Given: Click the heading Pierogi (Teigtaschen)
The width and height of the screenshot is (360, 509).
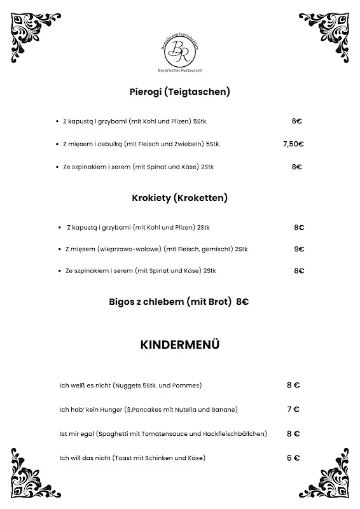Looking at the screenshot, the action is tap(179, 92).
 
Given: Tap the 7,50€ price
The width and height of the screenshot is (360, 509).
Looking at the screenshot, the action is tap(293, 144).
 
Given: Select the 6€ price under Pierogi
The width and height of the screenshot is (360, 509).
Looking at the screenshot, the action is tap(296, 121).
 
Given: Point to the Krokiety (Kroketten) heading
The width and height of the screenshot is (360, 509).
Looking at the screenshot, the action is tap(179, 198).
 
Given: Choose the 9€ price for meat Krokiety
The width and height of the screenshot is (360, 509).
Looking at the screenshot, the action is tap(299, 249).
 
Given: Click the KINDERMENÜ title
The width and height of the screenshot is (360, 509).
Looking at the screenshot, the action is tap(179, 345).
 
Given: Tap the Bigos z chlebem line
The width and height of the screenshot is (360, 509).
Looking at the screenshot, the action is tap(179, 302).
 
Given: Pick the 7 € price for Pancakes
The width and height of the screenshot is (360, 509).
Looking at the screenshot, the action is tap(293, 409).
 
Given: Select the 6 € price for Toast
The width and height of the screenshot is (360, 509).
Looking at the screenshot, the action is tap(293, 457).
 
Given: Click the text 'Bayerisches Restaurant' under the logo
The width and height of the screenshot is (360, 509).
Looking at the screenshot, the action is tap(179, 69).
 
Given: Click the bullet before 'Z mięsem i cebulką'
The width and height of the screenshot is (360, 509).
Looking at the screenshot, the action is tap(58, 144).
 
